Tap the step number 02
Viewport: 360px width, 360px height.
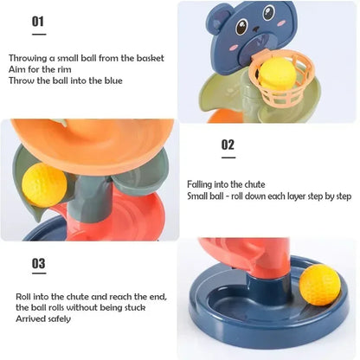point(228,145)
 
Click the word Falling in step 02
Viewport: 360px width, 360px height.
point(201,184)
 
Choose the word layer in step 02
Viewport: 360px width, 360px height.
point(300,196)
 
